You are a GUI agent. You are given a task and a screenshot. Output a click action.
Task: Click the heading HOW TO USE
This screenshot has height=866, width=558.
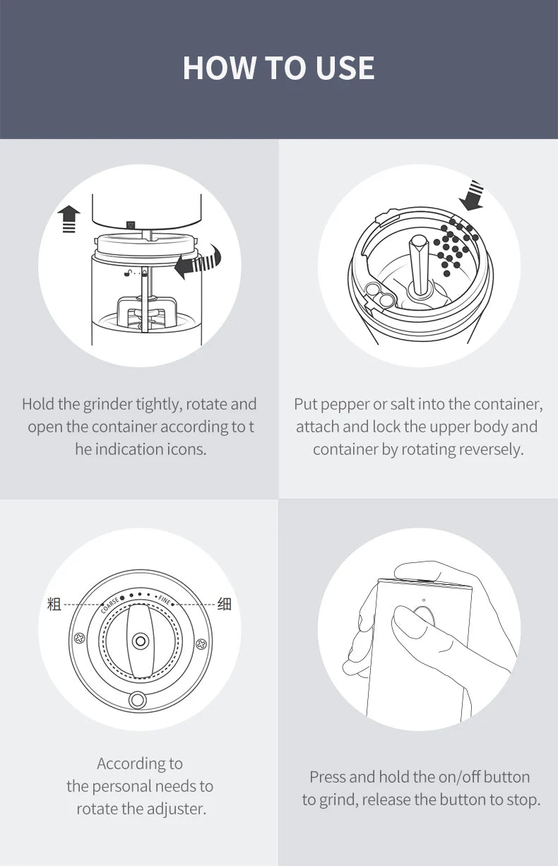click(x=278, y=68)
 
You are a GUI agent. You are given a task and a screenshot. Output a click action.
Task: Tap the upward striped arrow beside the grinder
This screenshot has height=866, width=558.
click(x=69, y=219)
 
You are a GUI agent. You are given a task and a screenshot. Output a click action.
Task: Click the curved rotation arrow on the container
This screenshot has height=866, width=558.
click(x=198, y=261)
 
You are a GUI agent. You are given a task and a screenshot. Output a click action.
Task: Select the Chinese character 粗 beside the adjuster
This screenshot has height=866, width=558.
click(x=54, y=604)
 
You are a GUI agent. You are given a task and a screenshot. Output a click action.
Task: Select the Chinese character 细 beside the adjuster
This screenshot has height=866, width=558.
click(x=225, y=604)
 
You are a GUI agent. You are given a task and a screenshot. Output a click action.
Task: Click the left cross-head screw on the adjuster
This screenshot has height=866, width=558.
click(x=80, y=638)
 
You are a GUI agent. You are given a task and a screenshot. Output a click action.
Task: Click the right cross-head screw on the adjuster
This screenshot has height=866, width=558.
click(x=201, y=644)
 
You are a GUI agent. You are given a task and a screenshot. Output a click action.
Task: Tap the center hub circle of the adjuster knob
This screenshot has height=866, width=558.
click(x=141, y=641)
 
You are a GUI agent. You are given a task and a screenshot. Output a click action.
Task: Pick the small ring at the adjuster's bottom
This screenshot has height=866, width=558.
click(x=137, y=700)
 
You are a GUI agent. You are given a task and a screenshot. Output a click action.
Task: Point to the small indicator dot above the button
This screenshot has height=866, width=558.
click(x=424, y=600)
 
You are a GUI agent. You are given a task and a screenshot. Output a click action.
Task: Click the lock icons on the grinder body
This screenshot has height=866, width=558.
click(x=136, y=273)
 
